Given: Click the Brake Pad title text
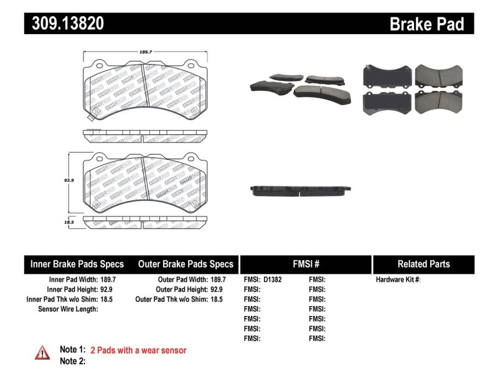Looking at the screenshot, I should coord(426,24).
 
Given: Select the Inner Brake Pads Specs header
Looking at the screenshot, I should coord(77,264).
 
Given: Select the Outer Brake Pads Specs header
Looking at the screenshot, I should coord(186,264).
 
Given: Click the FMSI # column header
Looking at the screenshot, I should coord(305,264).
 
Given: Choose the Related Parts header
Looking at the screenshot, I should coord(423,264).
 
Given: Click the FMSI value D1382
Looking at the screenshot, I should coord(273,280).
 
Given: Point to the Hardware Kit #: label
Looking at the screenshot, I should coord(398,280).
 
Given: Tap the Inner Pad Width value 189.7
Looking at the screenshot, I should coord(108,280).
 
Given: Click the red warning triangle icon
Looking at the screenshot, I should coord(42,353).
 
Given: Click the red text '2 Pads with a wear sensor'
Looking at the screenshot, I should coord(138,350).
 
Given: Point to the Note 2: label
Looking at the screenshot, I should coord(72,361).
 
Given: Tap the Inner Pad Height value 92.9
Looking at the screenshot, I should coord(108,290).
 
